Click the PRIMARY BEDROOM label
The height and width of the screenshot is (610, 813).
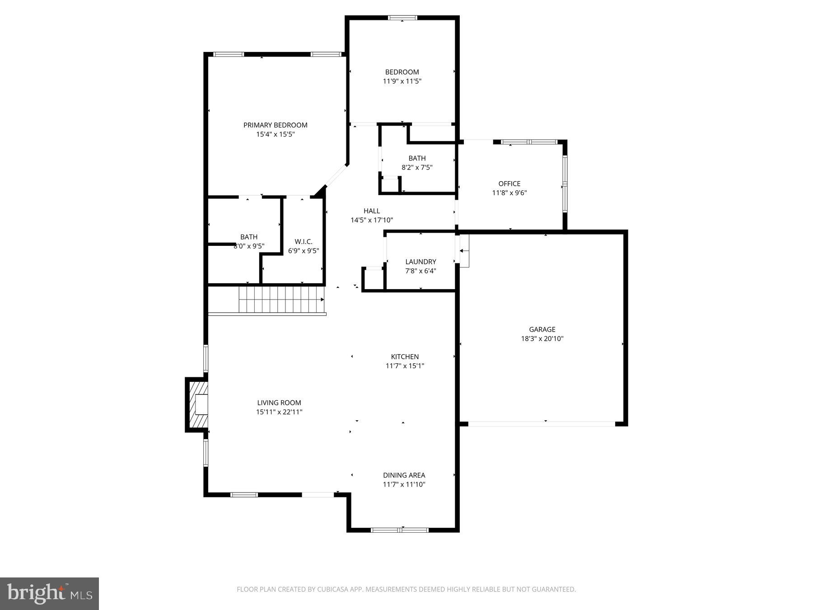tap(275, 125)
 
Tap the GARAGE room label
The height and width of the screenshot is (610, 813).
tap(542, 329)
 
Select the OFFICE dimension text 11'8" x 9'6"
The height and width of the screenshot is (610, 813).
tap(509, 193)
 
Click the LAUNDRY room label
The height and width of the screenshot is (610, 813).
tap(421, 262)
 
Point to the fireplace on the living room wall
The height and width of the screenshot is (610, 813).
tap(197, 404)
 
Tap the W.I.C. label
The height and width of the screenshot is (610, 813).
tap(303, 242)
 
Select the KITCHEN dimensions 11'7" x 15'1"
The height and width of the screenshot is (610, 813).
tap(405, 366)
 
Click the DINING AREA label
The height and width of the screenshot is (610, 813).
tap(404, 475)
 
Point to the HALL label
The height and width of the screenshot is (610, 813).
tap(371, 211)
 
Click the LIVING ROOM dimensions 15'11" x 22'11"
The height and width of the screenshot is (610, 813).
tap(279, 412)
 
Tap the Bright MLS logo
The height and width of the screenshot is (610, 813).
tap(49, 593)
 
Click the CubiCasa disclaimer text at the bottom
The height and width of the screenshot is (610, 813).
tap(406, 589)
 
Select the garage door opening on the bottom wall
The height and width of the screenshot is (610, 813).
tap(542, 424)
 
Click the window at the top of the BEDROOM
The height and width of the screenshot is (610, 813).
tap(402, 18)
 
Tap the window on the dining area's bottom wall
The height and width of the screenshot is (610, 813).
tap(399, 530)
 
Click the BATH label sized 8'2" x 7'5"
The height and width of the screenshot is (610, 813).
tap(416, 158)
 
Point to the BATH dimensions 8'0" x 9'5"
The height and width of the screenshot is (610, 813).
tap(249, 246)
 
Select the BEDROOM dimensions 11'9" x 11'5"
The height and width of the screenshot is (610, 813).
tap(402, 81)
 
